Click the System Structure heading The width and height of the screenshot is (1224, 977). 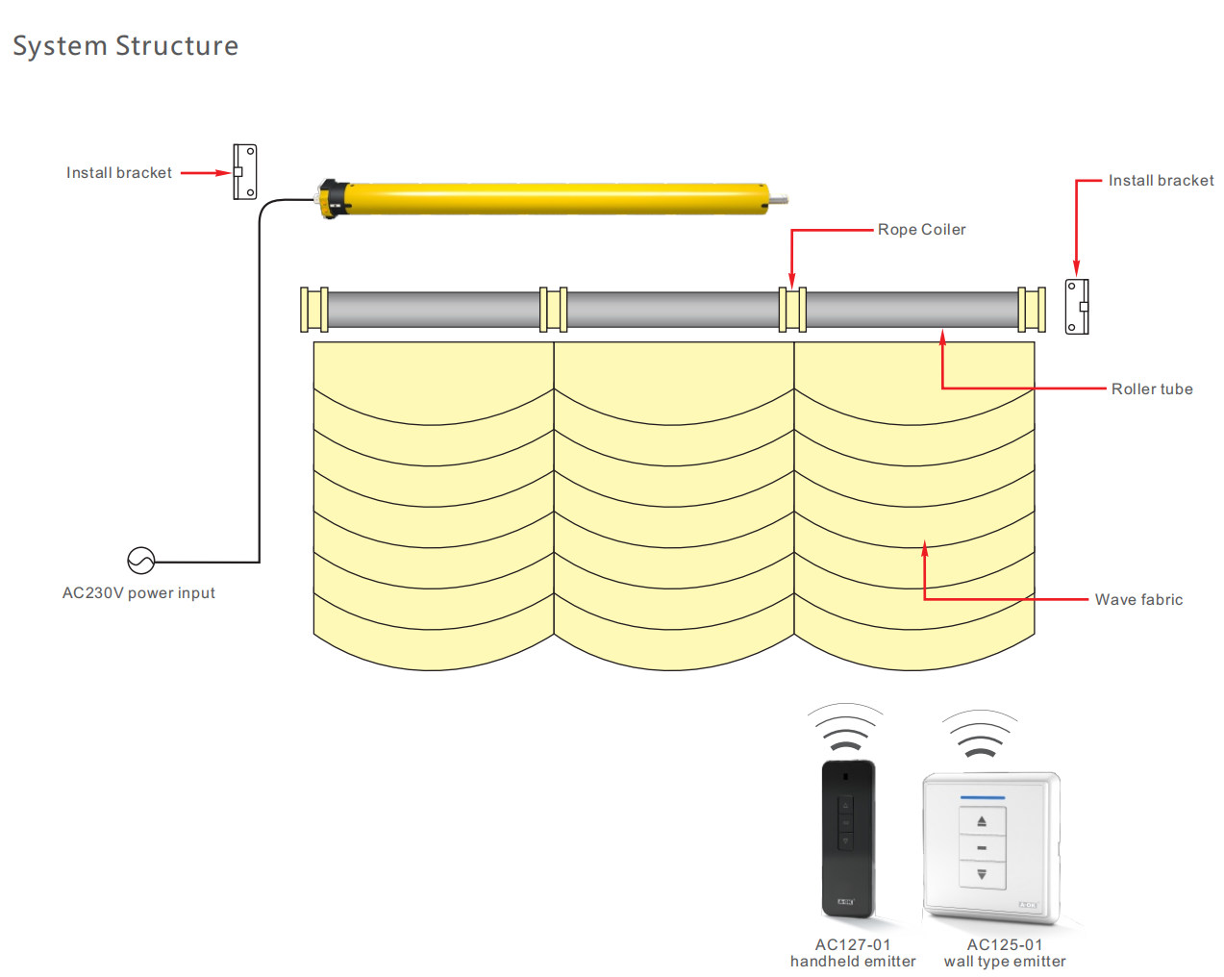pyautogui.click(x=125, y=46)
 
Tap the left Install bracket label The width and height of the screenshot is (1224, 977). pyautogui.click(x=118, y=173)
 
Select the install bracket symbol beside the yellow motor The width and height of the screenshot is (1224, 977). pyautogui.click(x=245, y=172)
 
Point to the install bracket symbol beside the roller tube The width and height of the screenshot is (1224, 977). pyautogui.click(x=1077, y=307)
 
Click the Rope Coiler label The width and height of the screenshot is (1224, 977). pyautogui.click(x=921, y=230)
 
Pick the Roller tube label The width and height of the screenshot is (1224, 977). pyautogui.click(x=1151, y=389)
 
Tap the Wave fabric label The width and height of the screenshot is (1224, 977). pyautogui.click(x=1138, y=600)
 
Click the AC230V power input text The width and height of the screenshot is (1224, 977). pyautogui.click(x=138, y=593)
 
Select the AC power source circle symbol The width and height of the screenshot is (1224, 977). pyautogui.click(x=141, y=560)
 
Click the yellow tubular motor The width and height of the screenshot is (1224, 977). pyautogui.click(x=558, y=198)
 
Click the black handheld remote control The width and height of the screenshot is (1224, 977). pyautogui.click(x=848, y=837)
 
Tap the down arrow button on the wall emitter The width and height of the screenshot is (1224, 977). pyautogui.click(x=982, y=875)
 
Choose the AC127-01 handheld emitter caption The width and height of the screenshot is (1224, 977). pyautogui.click(x=852, y=953)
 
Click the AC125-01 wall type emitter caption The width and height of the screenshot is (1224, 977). pyautogui.click(x=1004, y=953)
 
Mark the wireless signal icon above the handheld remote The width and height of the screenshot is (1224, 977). pyautogui.click(x=845, y=729)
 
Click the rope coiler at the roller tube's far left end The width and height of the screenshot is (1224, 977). pyautogui.click(x=313, y=310)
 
